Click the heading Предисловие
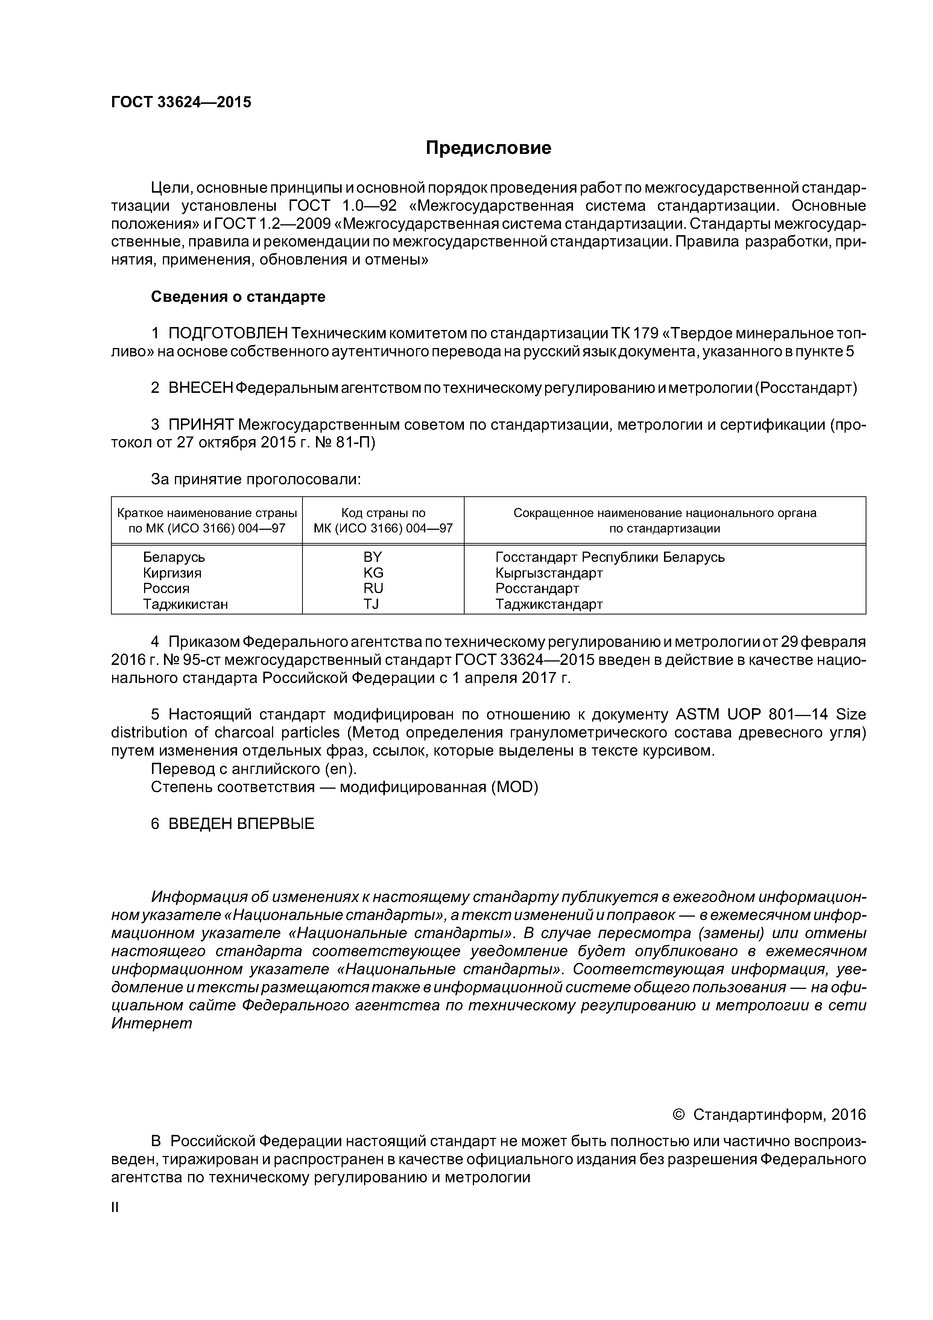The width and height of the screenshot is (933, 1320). [x=488, y=148]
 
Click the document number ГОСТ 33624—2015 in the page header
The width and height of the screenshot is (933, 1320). [x=181, y=102]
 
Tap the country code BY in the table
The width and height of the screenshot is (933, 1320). [x=372, y=557]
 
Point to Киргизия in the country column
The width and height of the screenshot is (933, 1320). [x=172, y=573]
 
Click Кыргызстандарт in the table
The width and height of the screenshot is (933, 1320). [x=549, y=573]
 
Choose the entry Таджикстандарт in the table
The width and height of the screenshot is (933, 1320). [x=549, y=604]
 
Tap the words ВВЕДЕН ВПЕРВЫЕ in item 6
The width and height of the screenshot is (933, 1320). [x=241, y=824]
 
